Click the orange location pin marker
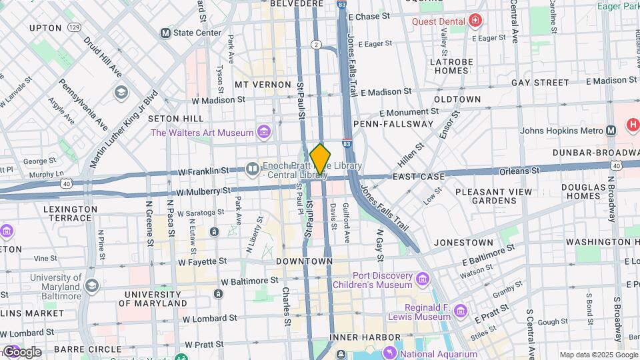tap(320, 160)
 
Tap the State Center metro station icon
tap(165, 33)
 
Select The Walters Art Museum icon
tap(264, 132)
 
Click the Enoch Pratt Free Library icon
tap(253, 169)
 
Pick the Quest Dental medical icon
tap(475, 21)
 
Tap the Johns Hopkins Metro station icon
tap(611, 130)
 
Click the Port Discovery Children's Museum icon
tap(422, 279)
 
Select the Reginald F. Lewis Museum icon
tap(460, 311)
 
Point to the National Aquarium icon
tap(389, 351)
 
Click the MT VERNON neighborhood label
tap(263, 85)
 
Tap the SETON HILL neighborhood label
tap(175, 118)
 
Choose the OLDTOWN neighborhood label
tap(457, 99)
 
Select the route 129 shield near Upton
tap(74, 28)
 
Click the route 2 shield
tap(316, 44)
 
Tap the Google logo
tap(21, 351)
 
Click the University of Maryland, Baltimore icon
tap(91, 285)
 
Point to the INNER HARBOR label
tap(355, 337)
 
